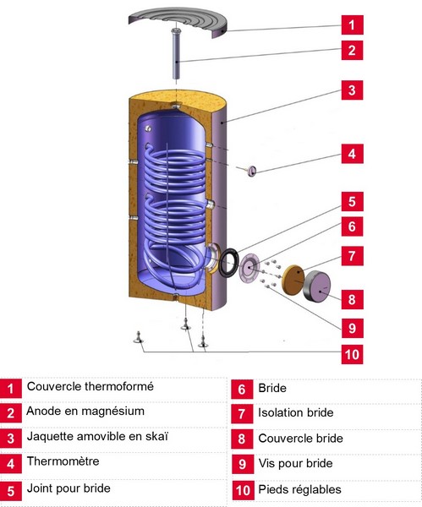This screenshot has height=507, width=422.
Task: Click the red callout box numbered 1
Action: pos(352,25)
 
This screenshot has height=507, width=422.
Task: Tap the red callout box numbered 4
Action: pos(352,154)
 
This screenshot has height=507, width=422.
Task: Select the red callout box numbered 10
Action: pos(352,354)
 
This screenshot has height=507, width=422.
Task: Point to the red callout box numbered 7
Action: pos(352,256)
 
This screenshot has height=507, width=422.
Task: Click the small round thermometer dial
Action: pos(251,171)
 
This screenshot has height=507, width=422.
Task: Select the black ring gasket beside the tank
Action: pos(228,262)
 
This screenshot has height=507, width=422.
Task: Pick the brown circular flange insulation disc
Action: pos(293,280)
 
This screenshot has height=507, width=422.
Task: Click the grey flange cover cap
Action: pos(317,286)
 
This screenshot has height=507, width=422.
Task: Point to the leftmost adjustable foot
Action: pos(139,337)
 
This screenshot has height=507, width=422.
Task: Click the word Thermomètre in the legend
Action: pos(63,461)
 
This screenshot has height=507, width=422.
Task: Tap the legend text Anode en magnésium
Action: pos(85,412)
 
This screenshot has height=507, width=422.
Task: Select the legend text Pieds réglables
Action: pos(299,489)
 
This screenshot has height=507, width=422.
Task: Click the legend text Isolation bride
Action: pos(296,412)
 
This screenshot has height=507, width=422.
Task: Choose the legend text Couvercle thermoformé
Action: pos(90,386)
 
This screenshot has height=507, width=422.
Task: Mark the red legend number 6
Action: pos(242,390)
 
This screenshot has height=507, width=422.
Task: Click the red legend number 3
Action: pos(11,439)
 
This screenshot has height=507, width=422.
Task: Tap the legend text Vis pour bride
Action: pos(295,463)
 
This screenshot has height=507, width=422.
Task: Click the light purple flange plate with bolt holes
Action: pos(249,267)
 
